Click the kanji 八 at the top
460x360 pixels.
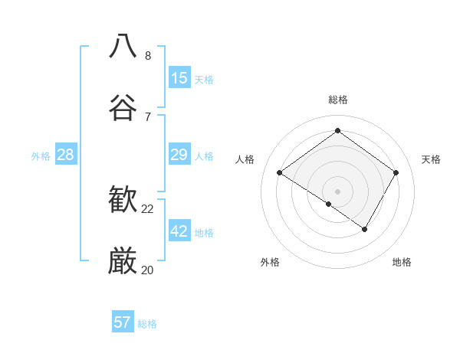123,46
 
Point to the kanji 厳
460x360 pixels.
123,261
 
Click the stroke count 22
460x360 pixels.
148,208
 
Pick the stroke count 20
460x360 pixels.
148,270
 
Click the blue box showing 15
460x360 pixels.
179,78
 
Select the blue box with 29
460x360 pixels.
179,155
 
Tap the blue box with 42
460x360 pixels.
179,231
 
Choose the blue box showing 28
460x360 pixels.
66,155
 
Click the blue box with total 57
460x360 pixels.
123,322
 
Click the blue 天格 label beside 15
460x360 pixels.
204,79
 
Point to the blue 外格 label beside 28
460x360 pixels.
41,155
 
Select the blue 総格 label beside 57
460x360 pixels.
147,323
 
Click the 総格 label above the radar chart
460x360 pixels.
338,100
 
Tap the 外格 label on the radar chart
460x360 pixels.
270,262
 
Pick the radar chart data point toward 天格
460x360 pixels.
396,173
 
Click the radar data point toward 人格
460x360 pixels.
280,173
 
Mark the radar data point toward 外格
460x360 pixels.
329,204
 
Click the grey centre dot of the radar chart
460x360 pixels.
338,191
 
